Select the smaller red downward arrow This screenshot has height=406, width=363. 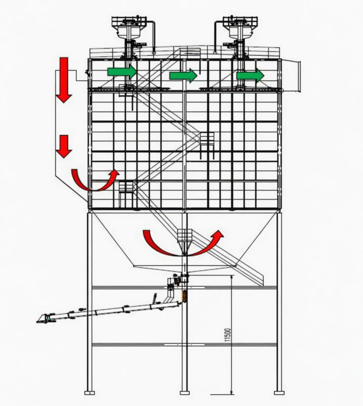tap(64, 146)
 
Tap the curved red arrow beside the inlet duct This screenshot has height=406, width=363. tap(95, 180)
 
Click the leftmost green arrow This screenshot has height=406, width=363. tap(122, 72)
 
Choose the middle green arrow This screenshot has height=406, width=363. tap(183, 76)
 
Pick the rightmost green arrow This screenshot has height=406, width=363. tap(250, 76)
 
